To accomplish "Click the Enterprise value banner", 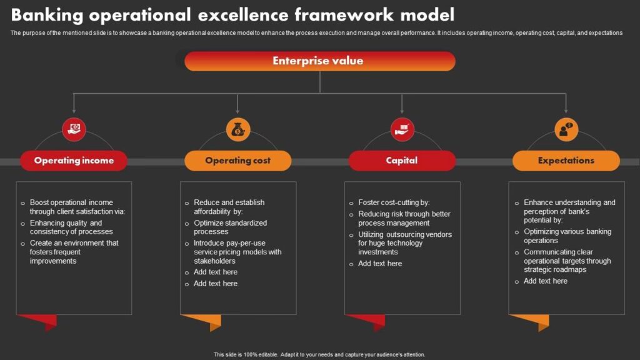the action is (x=319, y=61).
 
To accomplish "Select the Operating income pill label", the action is (x=74, y=161).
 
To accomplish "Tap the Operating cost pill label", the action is (x=238, y=161).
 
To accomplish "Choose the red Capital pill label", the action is (x=402, y=161).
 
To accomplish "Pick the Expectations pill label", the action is (x=566, y=161).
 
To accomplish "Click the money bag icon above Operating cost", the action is (x=238, y=130).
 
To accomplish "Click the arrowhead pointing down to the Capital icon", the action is (x=402, y=111).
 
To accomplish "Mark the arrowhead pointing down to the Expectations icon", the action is (x=566, y=111).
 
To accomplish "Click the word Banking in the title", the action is (x=47, y=16).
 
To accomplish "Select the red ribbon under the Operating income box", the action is (x=39, y=322).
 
